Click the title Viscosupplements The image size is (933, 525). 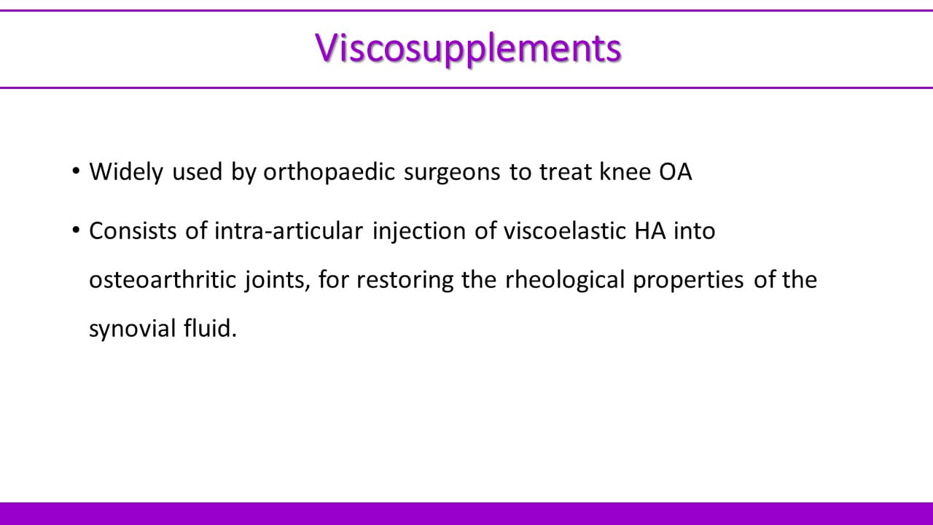[x=468, y=49]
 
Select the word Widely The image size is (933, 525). [x=126, y=171]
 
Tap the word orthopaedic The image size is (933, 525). [x=329, y=171]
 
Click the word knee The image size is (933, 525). [x=625, y=171]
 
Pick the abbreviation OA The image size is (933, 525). [x=676, y=171]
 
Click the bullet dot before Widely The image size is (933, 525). [x=76, y=171]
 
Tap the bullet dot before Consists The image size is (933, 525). [x=76, y=230]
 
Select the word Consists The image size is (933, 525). [x=133, y=231]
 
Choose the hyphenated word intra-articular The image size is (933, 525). [x=289, y=231]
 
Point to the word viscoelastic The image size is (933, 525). [x=565, y=231]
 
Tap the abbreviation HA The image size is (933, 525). [x=649, y=231]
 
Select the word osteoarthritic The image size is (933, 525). [x=163, y=279]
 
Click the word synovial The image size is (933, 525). [x=133, y=329]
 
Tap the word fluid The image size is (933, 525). [x=211, y=328]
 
